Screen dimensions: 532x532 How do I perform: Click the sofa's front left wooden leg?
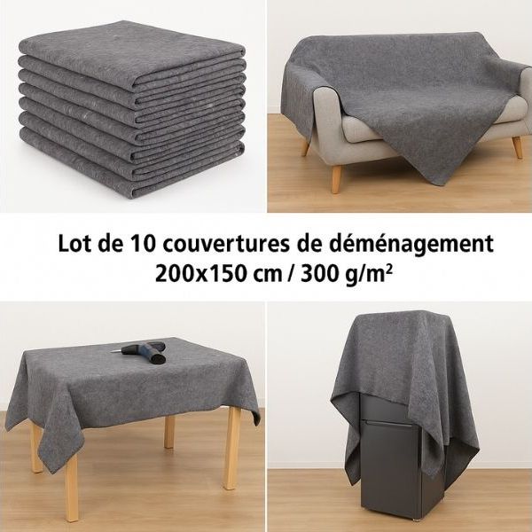336,177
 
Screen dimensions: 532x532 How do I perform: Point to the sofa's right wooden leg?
517,145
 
